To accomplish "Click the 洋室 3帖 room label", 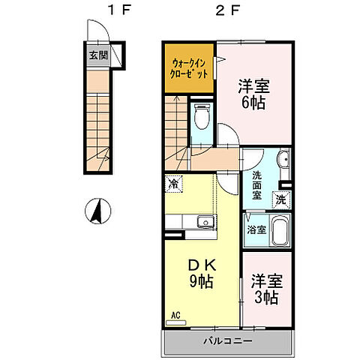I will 265,289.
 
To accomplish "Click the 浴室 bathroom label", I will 256,229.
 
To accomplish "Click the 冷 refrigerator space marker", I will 173,182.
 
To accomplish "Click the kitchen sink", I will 203,222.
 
